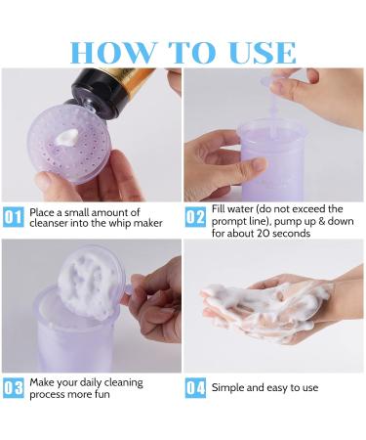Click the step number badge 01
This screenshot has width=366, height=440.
click(13, 217)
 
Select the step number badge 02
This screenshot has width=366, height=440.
click(195, 217)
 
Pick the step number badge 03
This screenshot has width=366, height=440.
click(13, 388)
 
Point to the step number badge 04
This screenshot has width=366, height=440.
click(195, 388)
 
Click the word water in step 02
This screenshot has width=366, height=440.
click(246, 209)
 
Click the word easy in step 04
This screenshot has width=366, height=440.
click(278, 388)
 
